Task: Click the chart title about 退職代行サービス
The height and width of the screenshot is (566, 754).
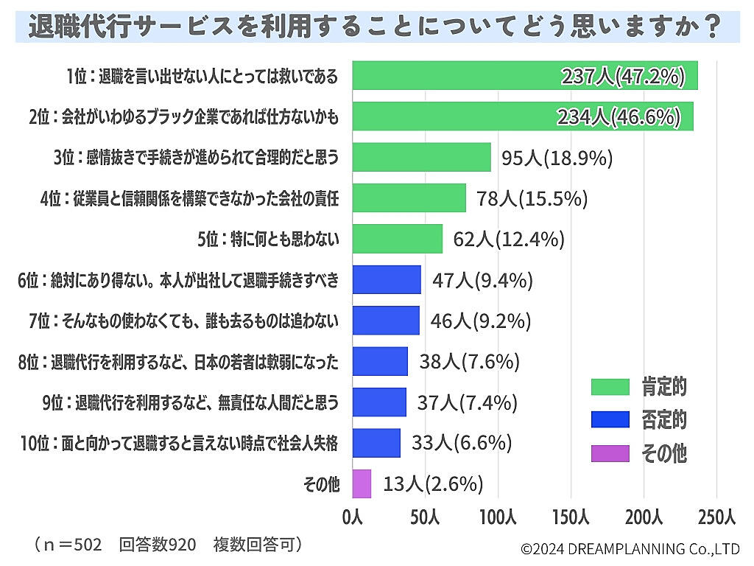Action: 376,27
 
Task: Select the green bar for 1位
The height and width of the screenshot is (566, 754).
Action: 525,76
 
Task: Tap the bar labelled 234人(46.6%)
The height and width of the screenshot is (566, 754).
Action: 523,116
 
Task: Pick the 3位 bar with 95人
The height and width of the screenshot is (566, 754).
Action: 422,157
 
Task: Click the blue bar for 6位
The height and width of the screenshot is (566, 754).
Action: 387,280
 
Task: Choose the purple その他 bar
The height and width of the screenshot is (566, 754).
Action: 362,483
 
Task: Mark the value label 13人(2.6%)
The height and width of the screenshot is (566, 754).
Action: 433,483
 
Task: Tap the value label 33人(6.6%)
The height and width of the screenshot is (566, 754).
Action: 462,443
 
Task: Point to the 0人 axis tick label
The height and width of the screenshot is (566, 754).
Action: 353,518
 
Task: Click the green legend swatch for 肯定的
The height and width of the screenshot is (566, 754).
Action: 610,386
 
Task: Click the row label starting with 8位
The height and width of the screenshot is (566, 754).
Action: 179,362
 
